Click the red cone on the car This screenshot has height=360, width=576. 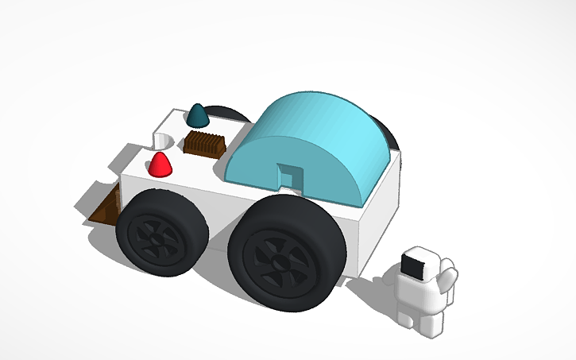point(161,165)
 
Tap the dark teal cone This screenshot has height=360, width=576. point(198,116)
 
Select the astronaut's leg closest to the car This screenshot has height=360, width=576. point(404,313)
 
